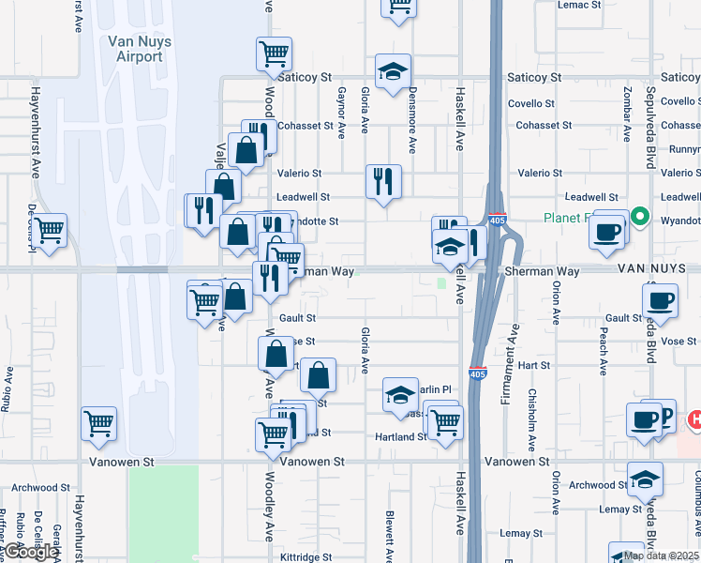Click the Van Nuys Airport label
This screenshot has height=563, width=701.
click(x=135, y=49)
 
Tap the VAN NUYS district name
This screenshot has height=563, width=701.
click(x=657, y=269)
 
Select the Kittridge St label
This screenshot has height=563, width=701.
click(x=306, y=556)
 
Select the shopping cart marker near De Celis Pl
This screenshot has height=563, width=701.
click(x=50, y=228)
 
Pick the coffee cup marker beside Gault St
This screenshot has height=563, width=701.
click(x=660, y=301)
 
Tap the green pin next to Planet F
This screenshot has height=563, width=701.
click(x=641, y=218)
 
